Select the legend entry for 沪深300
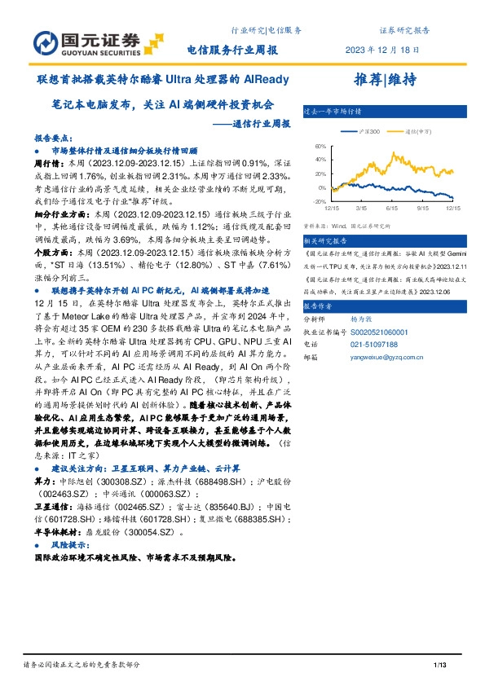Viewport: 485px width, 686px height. pos(364,130)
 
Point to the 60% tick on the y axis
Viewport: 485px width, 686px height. pos(320,146)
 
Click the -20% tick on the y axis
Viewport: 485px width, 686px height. pos(320,201)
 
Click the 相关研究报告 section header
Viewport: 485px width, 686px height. pos(324,241)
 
